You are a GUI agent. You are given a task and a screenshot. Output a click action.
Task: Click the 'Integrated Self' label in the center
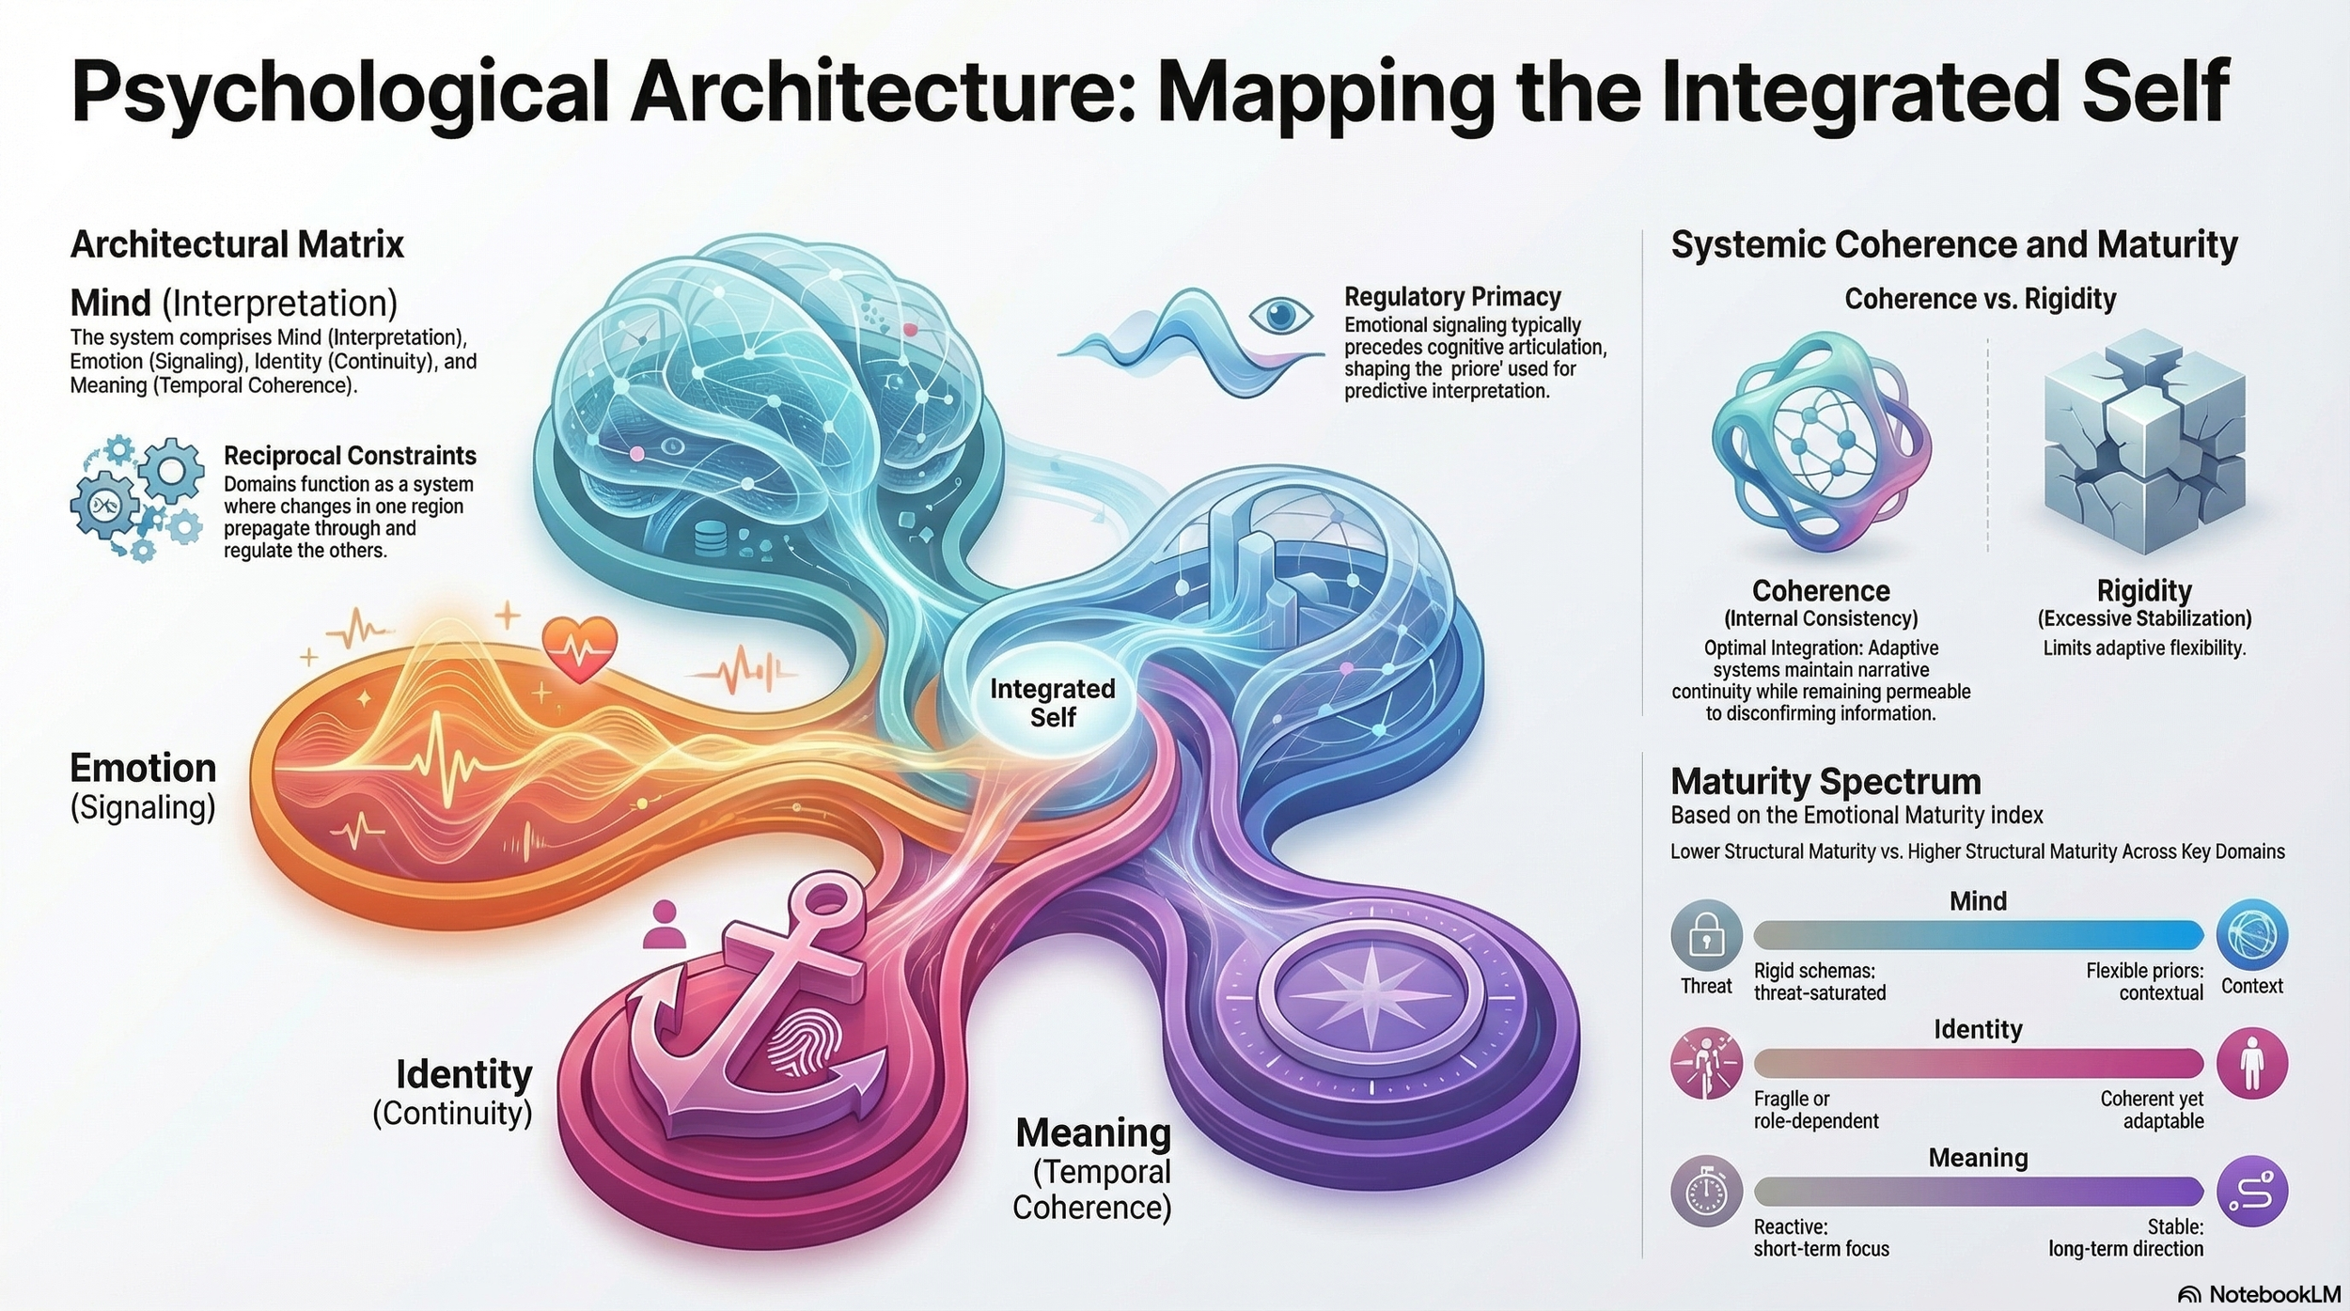click(x=1052, y=703)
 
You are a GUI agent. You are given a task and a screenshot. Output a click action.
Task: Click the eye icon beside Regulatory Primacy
click(x=1280, y=315)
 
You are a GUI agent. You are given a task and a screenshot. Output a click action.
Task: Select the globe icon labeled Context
click(x=2251, y=935)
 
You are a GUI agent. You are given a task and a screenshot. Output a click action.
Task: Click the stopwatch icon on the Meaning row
click(x=1706, y=1192)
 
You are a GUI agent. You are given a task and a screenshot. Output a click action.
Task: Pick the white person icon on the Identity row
click(x=2251, y=1064)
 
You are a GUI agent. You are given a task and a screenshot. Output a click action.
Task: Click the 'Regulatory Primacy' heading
click(x=1452, y=297)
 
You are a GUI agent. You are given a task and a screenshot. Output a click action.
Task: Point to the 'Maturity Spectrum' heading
click(x=1825, y=782)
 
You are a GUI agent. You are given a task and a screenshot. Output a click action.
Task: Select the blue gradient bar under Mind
click(x=1978, y=935)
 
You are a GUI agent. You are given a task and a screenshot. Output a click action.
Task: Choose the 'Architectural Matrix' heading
click(x=237, y=244)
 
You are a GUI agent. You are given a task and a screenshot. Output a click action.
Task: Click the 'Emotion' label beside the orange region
click(x=143, y=769)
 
